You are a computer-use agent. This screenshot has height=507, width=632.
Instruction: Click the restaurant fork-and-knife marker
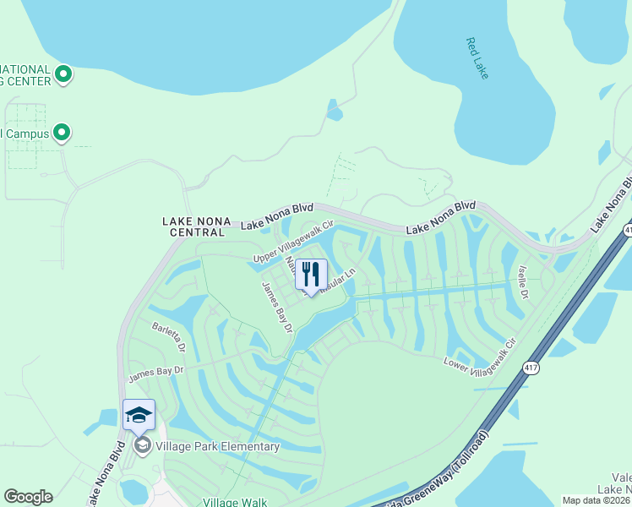pos(311,275)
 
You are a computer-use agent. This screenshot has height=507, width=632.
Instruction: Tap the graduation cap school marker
pos(139,415)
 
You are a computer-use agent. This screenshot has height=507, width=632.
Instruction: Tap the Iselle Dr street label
pos(523,282)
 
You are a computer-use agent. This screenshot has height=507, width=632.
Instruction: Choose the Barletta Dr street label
pos(168,335)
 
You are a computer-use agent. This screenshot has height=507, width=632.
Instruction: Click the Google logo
pos(28,497)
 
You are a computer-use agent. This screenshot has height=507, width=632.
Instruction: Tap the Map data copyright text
pos(596,500)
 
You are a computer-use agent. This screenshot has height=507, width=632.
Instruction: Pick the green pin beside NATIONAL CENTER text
pos(63,74)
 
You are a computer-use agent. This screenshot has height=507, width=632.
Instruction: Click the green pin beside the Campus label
pos(61,133)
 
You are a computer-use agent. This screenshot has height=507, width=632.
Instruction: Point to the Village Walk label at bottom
pos(236,501)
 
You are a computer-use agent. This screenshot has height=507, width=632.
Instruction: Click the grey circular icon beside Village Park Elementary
pos(141,445)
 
